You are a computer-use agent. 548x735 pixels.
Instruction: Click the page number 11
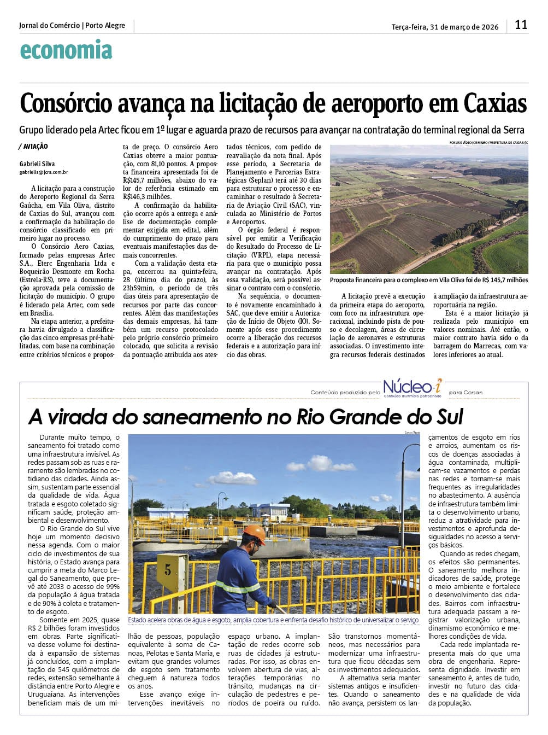click(x=521, y=25)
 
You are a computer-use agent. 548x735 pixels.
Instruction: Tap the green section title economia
click(x=66, y=50)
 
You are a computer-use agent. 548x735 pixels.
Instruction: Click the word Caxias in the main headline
click(x=495, y=103)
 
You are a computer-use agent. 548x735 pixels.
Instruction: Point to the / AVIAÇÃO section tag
click(x=33, y=147)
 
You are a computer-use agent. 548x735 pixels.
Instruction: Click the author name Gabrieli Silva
click(x=37, y=164)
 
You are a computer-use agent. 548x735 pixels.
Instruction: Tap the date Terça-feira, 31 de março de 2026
click(x=445, y=27)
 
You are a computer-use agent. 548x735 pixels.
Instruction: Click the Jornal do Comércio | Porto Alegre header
click(x=72, y=26)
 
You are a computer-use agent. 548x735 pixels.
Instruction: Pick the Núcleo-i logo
click(x=413, y=387)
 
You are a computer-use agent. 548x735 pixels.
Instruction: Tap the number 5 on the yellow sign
click(x=168, y=570)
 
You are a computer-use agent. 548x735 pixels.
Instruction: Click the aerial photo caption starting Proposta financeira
click(x=429, y=280)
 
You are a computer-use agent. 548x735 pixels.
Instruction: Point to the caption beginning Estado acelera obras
click(x=273, y=620)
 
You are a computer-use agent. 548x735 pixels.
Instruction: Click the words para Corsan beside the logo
click(x=465, y=393)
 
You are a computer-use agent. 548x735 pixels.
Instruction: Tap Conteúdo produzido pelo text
click(x=345, y=393)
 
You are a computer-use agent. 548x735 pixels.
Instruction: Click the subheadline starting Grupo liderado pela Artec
click(x=272, y=130)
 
